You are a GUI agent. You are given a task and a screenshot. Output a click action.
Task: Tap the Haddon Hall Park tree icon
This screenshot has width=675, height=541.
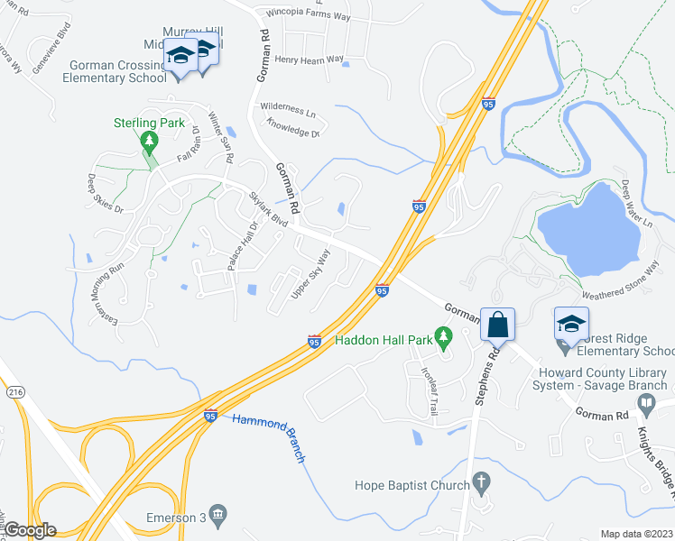pyautogui.click(x=443, y=339)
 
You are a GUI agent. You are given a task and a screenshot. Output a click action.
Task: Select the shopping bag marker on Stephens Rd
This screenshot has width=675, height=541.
pyautogui.click(x=496, y=325)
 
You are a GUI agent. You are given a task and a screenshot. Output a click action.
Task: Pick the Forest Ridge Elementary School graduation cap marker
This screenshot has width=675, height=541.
pyautogui.click(x=570, y=324)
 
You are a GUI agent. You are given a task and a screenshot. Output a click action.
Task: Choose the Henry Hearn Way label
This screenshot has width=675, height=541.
pyautogui.click(x=310, y=60)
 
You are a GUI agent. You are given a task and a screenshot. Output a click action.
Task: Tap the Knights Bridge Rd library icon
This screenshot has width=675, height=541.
pyautogui.click(x=644, y=408)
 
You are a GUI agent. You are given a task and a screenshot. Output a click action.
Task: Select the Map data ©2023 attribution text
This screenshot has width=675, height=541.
pyautogui.click(x=636, y=534)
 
